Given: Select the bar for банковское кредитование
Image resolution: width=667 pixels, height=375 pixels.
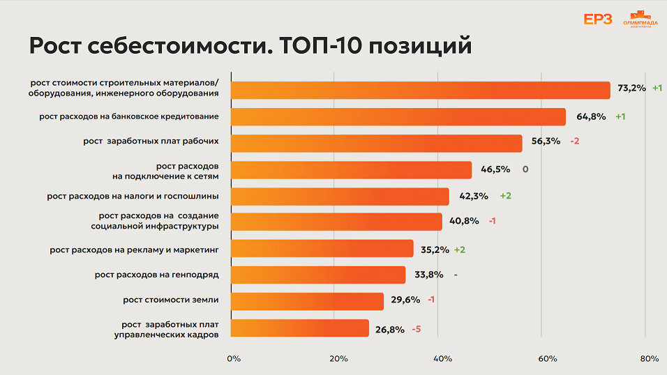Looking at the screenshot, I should tap(398, 116).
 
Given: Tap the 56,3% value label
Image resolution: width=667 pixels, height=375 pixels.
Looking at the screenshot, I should tap(546, 141).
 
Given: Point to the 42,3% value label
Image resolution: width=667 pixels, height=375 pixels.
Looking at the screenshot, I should tap(474, 196).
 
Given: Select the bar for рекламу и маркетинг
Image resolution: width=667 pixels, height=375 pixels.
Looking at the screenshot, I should tap(322, 249).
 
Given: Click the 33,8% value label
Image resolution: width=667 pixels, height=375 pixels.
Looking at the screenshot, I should tap(428, 275).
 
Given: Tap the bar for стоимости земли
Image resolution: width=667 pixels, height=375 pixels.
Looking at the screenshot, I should tap(307, 301).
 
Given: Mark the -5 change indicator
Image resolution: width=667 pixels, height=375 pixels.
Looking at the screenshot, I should tap(417, 329).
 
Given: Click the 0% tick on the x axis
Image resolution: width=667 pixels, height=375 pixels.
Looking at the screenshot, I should tap(234, 359).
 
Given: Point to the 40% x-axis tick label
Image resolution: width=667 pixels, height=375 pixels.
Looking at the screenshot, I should tap(442, 359).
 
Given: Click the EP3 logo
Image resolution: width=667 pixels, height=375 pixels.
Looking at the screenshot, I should tap(597, 19).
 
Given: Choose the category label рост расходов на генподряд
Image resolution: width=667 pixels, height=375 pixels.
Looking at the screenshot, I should tap(157, 275).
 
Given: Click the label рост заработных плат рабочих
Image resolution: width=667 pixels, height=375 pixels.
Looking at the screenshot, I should tap(151, 141).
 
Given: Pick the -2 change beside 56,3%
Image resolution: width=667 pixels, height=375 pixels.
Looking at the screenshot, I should tap(574, 141).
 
